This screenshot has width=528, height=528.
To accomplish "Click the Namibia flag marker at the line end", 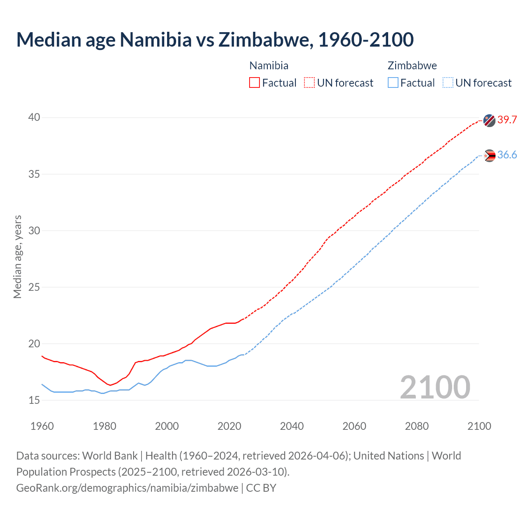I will coord(489,120).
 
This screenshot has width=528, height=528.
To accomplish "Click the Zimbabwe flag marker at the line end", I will coord(489,156).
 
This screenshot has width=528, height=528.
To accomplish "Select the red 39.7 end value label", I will coord(507,120).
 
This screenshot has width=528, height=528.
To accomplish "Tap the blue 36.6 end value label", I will coord(507,155).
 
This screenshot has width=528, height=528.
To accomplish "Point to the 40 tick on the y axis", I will coord(34,118).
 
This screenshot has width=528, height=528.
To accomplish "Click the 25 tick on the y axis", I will coord(34,287).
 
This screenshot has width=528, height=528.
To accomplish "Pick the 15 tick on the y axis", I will coord(34,400).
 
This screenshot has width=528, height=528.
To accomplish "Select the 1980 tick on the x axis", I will coord(104,426).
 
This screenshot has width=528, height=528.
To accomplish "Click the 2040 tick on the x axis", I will coord(292,426).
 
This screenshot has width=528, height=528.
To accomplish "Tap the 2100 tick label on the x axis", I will coord(479,426).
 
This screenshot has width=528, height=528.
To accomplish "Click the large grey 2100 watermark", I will coord(435,387).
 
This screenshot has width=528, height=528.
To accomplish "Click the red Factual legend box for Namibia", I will coord(255,82).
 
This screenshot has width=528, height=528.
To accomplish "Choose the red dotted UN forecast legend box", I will coord(309,82).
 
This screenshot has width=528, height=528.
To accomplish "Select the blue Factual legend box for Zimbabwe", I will coord(393,82).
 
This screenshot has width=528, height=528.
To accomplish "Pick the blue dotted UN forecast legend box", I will coord(448,82).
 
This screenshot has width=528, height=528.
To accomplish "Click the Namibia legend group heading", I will coord(269,66).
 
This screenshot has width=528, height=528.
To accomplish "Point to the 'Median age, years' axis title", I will coord(17,257).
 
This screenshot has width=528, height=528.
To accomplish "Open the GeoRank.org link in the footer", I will coord(127,488).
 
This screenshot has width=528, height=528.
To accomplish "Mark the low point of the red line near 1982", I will coord(111,385).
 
